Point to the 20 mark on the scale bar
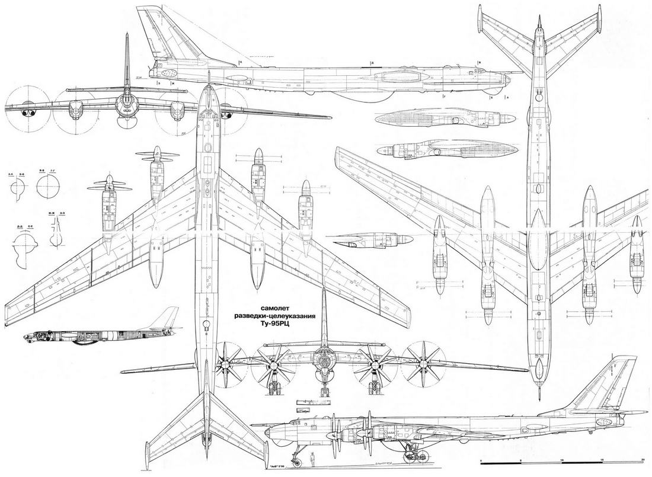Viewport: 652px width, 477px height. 643,460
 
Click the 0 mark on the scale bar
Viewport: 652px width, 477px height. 482,460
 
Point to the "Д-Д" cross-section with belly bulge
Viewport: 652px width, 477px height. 24,243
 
